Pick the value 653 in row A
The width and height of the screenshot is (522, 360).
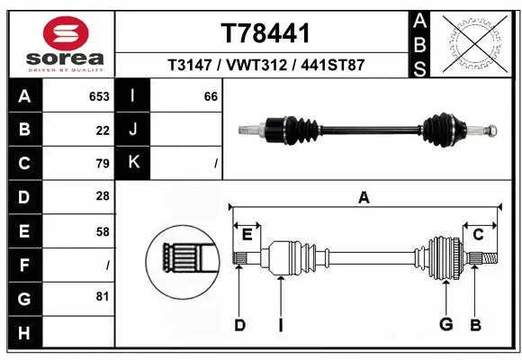point(98,96)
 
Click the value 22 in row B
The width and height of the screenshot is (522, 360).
point(102,130)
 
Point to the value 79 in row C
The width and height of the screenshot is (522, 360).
point(102,163)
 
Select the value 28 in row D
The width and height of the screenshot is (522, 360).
point(102,196)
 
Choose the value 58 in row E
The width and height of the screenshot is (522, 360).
point(102,230)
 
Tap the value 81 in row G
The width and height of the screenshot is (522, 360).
point(102,297)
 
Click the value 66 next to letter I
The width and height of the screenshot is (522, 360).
point(211,96)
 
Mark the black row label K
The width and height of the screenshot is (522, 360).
point(134,163)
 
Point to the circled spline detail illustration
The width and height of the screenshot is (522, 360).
point(182,260)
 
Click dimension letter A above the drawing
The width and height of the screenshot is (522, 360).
point(364,197)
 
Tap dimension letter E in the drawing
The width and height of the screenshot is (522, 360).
point(246,234)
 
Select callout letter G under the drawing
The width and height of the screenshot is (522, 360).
point(445,324)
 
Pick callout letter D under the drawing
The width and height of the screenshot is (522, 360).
point(239,324)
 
